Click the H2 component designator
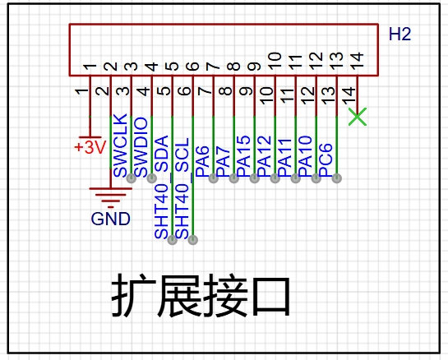coord(400,35)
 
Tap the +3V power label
coord(90,147)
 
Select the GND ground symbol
coord(111,198)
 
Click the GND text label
coord(111,219)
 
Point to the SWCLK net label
coord(120,145)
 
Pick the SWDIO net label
coord(141,147)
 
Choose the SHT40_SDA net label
coord(161,187)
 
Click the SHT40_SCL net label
coord(182,188)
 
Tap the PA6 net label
coord(202,161)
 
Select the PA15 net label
coord(243,156)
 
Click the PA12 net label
coord(265,156)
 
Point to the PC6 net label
coord(326,160)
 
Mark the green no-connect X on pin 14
coord(357,117)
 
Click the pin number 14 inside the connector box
coord(357,60)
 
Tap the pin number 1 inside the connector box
coord(90,67)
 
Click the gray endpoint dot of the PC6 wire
coord(337,178)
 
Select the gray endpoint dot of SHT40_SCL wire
coord(193,240)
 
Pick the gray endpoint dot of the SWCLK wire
coord(132,178)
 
